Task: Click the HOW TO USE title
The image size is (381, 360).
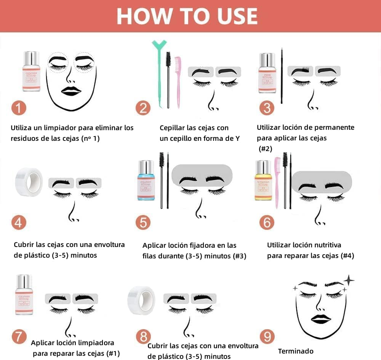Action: (x=187, y=16)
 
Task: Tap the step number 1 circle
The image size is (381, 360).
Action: (x=18, y=108)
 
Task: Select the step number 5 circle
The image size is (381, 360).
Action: (x=142, y=222)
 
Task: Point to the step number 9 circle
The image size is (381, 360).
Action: (x=267, y=336)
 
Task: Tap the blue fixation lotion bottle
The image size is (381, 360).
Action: (x=146, y=180)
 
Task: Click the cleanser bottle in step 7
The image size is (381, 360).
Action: (x=24, y=295)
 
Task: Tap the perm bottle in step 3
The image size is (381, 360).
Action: (x=267, y=73)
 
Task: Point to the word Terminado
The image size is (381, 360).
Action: (x=296, y=351)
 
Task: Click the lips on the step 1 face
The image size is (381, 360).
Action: (x=71, y=91)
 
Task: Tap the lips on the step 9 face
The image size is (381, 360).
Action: (x=320, y=319)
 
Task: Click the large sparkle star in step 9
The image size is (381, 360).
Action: (x=348, y=280)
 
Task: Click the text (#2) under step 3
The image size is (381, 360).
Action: (x=265, y=149)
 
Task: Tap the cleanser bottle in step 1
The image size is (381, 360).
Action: (x=31, y=72)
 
